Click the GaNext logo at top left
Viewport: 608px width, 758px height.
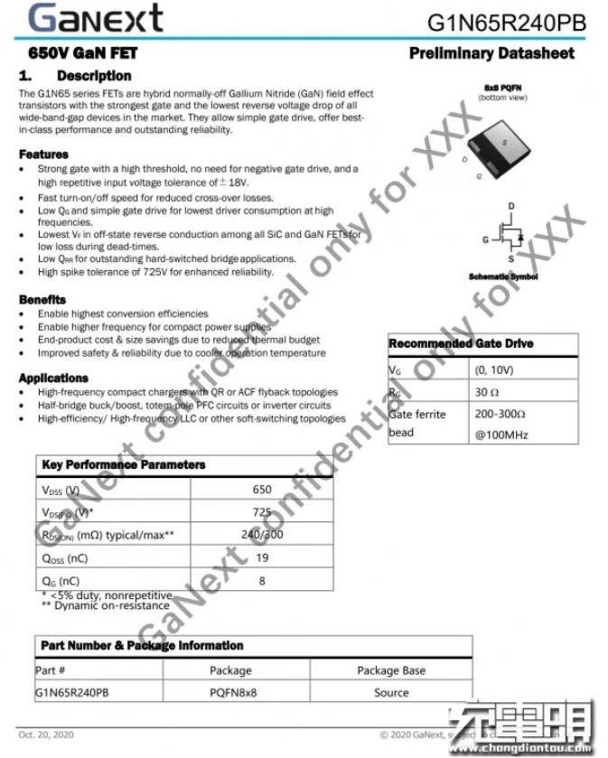(x=95, y=18)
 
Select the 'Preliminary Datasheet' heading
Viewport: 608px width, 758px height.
(x=491, y=53)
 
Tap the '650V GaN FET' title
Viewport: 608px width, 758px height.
(x=83, y=53)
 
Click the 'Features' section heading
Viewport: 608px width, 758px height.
(x=43, y=154)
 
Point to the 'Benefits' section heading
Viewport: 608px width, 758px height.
(x=42, y=299)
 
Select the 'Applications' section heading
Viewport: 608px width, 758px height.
(x=53, y=378)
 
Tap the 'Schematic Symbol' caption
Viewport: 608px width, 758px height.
(x=503, y=277)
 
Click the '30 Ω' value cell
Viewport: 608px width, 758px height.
(x=487, y=392)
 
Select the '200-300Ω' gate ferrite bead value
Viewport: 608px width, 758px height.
(x=500, y=414)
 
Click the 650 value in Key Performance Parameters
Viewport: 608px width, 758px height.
(x=262, y=490)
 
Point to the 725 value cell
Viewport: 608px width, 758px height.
(x=262, y=512)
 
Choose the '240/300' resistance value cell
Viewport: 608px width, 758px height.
(x=262, y=535)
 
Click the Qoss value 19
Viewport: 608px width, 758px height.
(x=262, y=557)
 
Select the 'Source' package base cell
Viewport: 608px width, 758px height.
(x=391, y=693)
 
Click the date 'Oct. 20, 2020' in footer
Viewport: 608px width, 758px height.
(x=47, y=735)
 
